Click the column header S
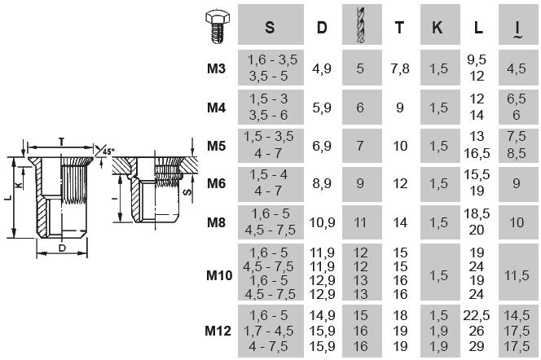point(270,28)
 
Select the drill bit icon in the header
point(361,26)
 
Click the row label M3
point(216,69)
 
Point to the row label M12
point(219,331)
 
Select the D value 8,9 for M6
point(322,184)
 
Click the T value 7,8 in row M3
point(400,69)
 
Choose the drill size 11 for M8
point(360,222)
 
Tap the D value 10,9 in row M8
point(322,222)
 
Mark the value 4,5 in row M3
point(517,69)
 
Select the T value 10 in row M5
point(400,146)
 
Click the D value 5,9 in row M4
point(322,108)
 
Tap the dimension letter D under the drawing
point(62,248)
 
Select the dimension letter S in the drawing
point(187,194)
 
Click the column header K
point(438,28)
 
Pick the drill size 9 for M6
point(360,184)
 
